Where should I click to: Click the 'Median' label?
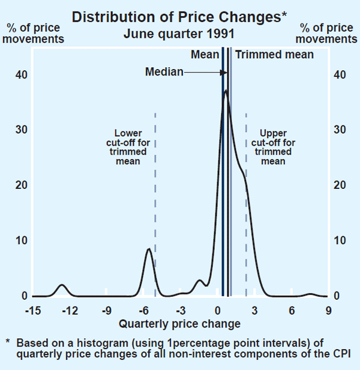click(164, 72)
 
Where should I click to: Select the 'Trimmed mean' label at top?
click(274, 55)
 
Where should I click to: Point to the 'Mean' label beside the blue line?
click(205, 55)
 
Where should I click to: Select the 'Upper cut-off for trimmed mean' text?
click(274, 148)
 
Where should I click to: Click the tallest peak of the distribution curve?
click(225, 91)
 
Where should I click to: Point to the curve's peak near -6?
click(149, 249)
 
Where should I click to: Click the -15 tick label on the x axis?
click(33, 310)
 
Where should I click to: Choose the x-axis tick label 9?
click(328, 310)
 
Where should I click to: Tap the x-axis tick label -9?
click(107, 310)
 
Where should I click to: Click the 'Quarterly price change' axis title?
click(179, 324)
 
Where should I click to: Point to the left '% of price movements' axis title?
click(35, 34)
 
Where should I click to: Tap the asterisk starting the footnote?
click(8, 343)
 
